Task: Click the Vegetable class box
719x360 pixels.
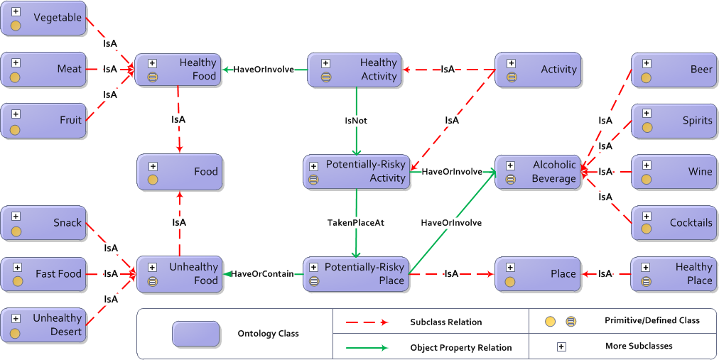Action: (43, 18)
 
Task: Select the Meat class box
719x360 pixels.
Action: (43, 69)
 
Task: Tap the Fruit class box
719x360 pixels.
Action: (43, 120)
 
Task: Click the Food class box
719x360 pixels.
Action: (180, 172)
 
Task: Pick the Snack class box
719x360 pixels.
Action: (43, 223)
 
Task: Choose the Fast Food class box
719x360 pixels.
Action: (43, 274)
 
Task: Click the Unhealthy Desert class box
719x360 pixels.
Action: (43, 325)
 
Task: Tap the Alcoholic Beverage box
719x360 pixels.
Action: (537, 172)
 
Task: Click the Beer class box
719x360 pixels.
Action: (674, 70)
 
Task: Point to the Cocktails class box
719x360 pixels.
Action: (674, 223)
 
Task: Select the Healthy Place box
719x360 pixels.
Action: (674, 274)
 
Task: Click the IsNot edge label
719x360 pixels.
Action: (355, 121)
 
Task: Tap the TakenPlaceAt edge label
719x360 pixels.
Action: (355, 222)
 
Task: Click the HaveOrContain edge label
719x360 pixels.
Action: (263, 274)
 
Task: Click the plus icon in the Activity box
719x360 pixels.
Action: (511, 63)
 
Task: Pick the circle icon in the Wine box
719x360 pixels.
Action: (647, 179)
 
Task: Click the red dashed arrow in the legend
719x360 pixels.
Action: (367, 322)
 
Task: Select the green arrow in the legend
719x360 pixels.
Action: (367, 348)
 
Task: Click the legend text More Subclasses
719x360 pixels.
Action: (638, 346)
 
